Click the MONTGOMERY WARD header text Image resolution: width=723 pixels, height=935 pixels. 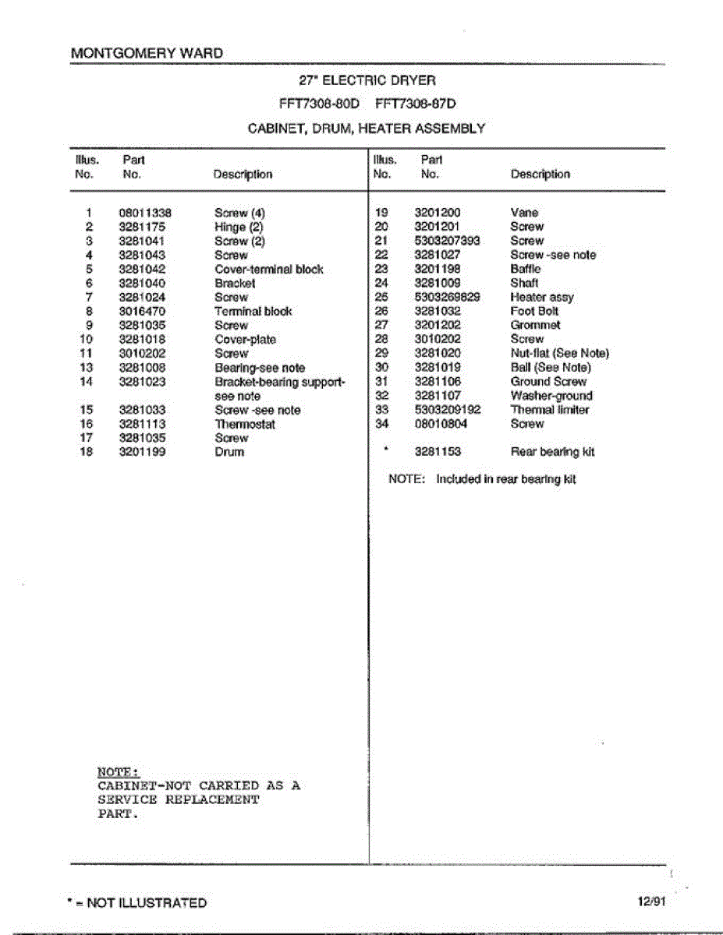[x=146, y=53]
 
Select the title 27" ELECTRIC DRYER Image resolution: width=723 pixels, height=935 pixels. [x=367, y=79]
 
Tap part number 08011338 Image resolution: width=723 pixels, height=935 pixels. [x=145, y=213]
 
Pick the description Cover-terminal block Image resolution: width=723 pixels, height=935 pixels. [x=268, y=269]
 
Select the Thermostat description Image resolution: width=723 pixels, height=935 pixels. [x=245, y=424]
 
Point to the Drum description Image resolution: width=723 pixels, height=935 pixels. [x=229, y=452]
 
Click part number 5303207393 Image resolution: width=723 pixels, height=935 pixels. [x=447, y=241]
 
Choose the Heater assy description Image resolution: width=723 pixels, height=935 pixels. [x=542, y=297]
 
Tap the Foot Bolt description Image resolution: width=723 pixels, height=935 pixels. [x=534, y=311]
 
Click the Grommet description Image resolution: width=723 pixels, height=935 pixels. [x=535, y=325]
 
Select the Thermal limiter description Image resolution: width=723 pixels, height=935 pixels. [x=549, y=410]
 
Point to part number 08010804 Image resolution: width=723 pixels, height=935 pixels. [x=441, y=424]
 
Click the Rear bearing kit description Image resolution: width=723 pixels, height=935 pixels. [x=553, y=452]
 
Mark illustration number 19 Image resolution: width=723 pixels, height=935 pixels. [x=382, y=213]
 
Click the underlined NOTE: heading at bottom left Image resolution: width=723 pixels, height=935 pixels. [x=119, y=771]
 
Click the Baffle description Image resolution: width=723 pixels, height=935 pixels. [x=526, y=269]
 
